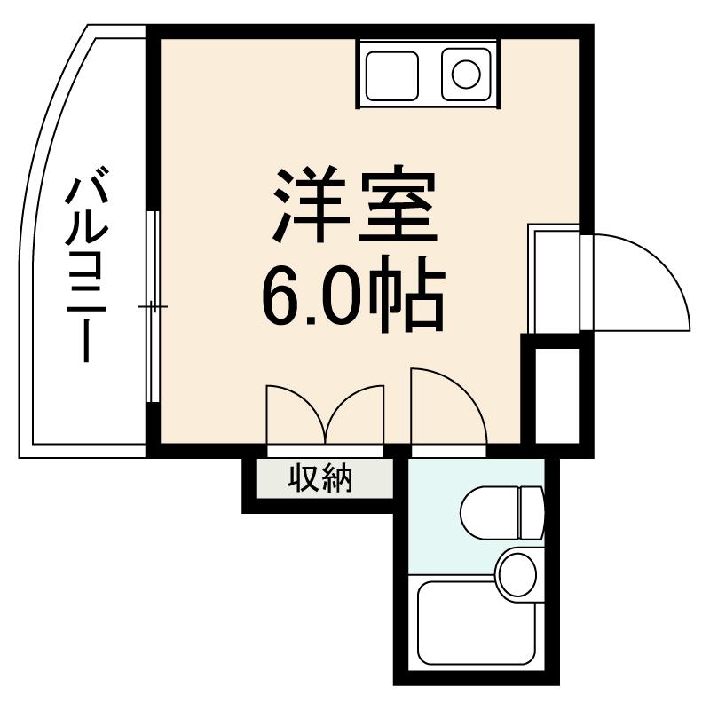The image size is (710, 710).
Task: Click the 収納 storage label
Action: coord(320,479)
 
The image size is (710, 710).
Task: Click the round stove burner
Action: coord(466,73)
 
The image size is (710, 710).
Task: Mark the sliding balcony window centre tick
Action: coord(153,307)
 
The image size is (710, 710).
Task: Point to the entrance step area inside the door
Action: coord(554,279)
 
